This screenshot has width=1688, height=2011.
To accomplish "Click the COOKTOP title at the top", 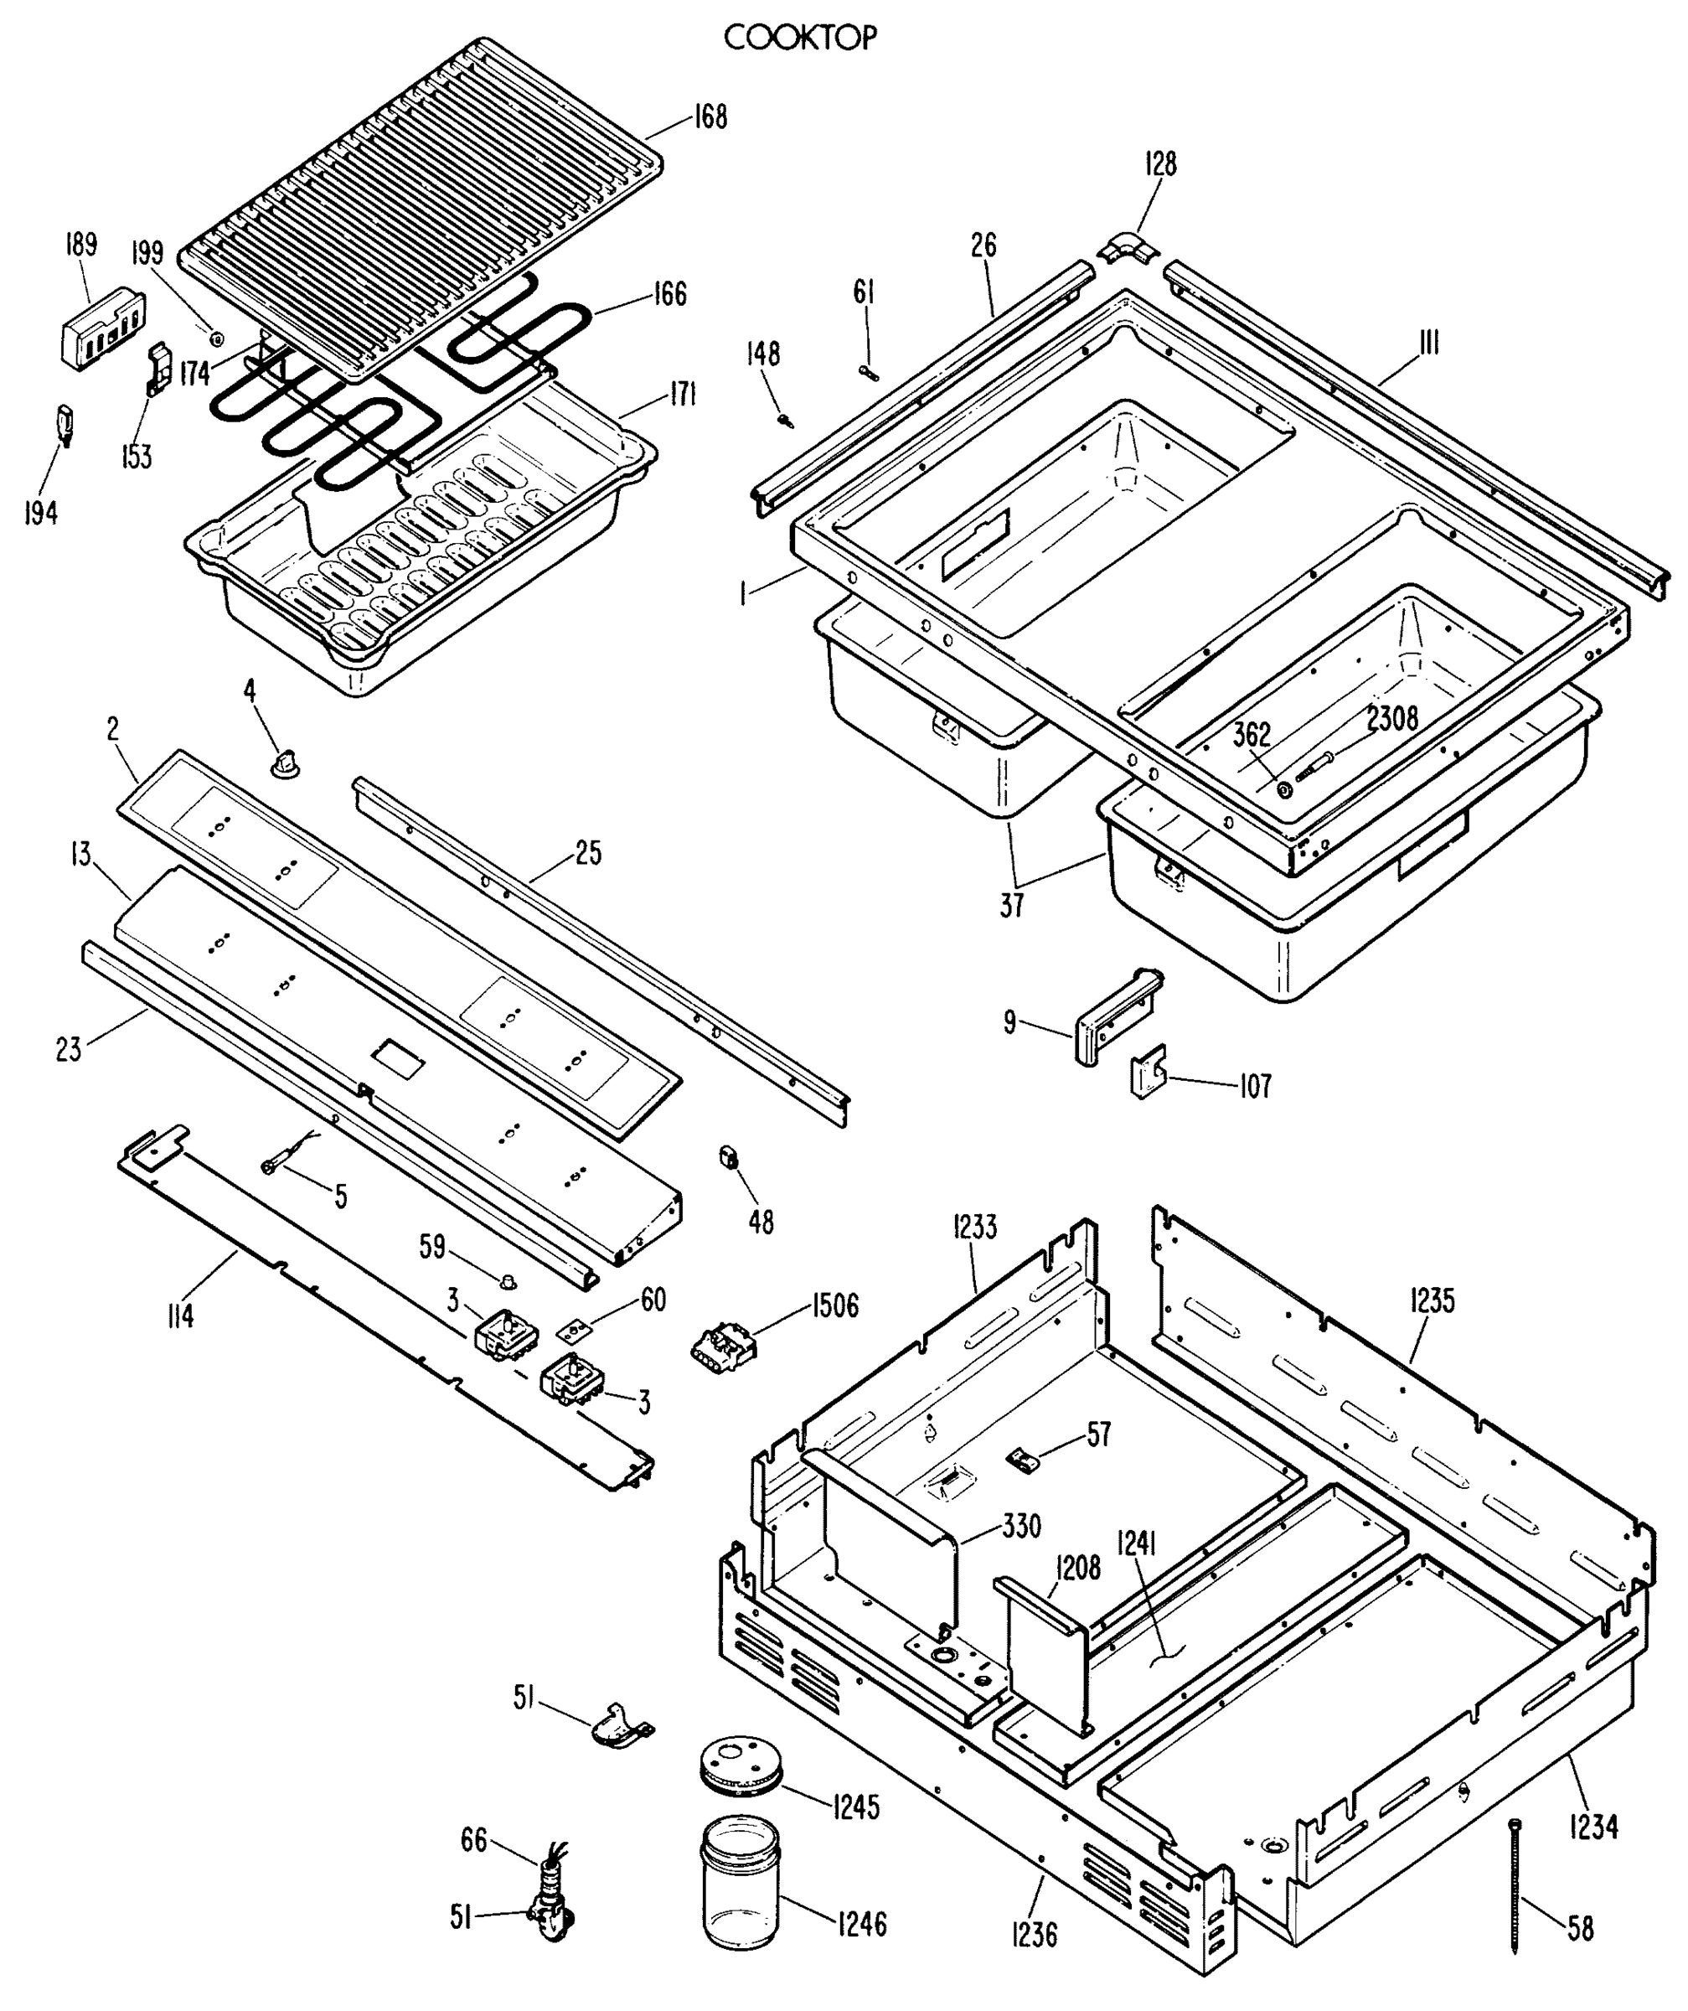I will (x=799, y=39).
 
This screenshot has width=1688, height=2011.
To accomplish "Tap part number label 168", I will (x=710, y=116).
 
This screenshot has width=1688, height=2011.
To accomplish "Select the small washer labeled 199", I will (x=216, y=338).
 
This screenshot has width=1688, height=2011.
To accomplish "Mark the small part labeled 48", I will (x=729, y=1157).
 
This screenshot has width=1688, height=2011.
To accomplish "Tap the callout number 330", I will (x=1020, y=1526).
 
